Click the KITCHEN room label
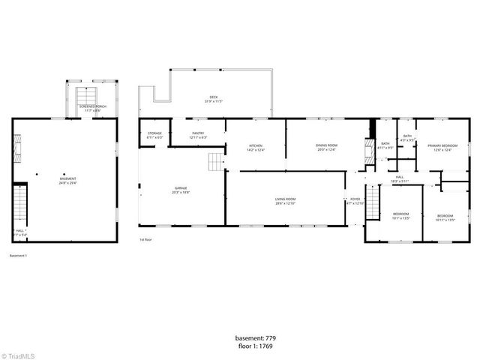point(256,145)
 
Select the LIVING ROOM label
point(285,199)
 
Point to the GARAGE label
point(181,188)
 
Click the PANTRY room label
point(198,133)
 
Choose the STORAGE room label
point(154,133)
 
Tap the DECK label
point(214,97)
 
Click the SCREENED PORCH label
point(93,106)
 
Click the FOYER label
point(355,199)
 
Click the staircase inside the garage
point(216,161)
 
